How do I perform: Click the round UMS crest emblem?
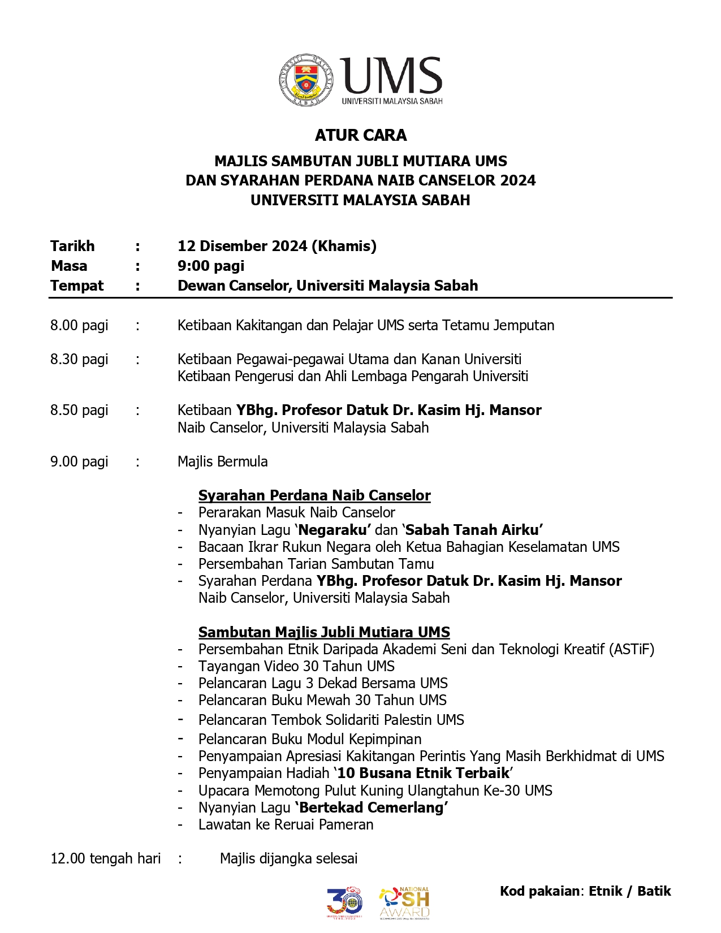pos(306,80)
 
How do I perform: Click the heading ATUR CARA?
pos(361,135)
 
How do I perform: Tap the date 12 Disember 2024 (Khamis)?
pos(277,246)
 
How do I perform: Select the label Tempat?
pos(77,286)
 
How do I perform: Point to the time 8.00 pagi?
pos(79,325)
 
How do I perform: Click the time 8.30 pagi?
pos(79,359)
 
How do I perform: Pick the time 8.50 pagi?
pos(79,410)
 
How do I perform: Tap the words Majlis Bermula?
pos(223,461)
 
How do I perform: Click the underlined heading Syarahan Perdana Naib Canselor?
pos(314,495)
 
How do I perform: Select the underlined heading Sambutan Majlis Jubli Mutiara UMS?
pos(324,632)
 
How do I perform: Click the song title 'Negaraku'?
pos(334,530)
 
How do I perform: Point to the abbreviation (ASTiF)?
pos(632,649)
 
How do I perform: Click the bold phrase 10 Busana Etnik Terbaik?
pos(423,773)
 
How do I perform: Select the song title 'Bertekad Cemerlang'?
pos(372,807)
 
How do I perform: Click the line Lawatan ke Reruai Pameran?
pos(286,824)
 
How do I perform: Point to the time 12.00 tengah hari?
pos(106,858)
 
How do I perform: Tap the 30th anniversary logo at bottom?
pos(344,902)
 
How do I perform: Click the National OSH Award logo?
pos(404,902)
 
